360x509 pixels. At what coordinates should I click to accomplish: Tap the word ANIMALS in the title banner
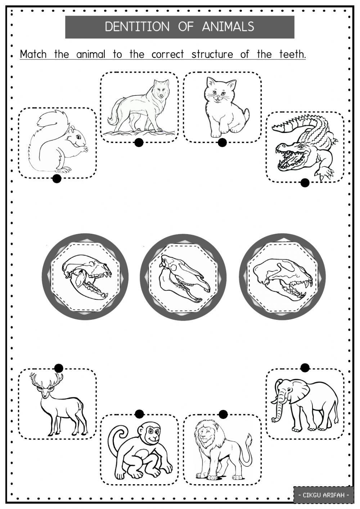[x=228, y=27]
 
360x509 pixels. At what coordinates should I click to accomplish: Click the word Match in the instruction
[x=33, y=54]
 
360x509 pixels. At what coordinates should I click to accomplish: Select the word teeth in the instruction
[x=292, y=54]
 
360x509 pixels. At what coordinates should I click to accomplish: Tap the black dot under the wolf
[x=139, y=143]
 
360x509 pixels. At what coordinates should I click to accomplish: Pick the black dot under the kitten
[x=222, y=143]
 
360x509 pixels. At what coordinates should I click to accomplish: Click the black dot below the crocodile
[x=305, y=183]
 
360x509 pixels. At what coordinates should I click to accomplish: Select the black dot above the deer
[x=59, y=368]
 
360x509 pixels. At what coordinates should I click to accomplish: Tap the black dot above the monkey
[x=139, y=414]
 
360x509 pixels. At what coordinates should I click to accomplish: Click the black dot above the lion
[x=223, y=414]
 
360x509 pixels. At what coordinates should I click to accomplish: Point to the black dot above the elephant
[x=305, y=367]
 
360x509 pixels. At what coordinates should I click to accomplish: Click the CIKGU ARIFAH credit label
[x=323, y=495]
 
